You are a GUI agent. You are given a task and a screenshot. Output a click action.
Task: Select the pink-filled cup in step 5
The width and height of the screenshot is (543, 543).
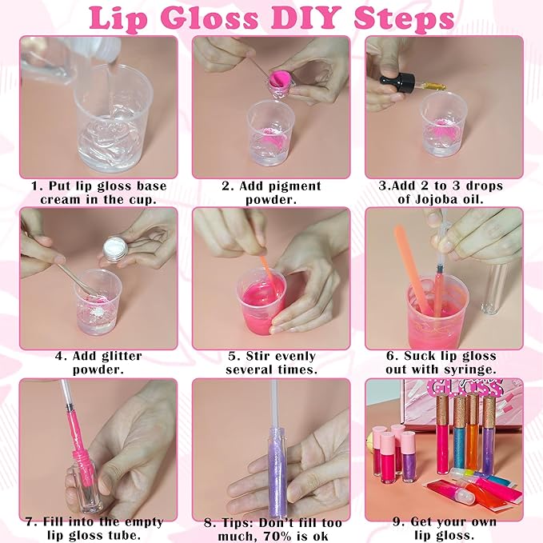[261, 299]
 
